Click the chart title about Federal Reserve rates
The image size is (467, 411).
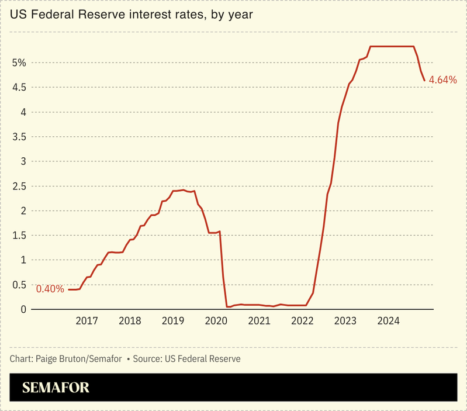[132, 15]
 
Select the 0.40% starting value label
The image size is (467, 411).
[50, 289]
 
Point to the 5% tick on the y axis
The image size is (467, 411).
[19, 63]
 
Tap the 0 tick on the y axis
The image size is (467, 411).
[23, 309]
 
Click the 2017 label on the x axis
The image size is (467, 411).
[87, 321]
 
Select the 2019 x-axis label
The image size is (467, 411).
[173, 321]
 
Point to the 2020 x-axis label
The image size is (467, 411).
[216, 321]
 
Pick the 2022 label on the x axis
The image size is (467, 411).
[302, 321]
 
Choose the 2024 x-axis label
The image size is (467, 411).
[389, 321]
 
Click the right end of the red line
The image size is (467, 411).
[424, 80]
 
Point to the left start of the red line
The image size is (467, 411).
[68, 289]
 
